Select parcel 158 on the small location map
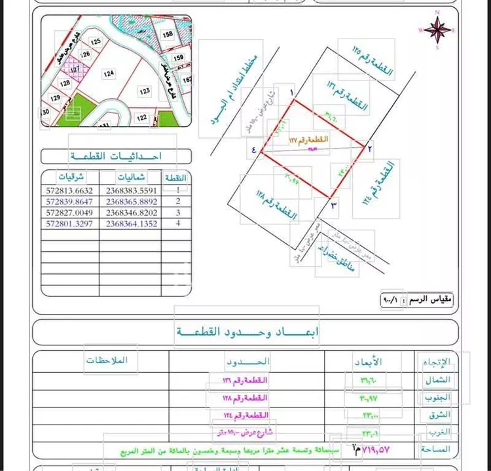(168, 34)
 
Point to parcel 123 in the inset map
(144, 92)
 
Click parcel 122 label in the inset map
(142, 118)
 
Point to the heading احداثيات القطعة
(115, 157)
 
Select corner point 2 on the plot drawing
(371, 148)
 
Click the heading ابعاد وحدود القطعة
(247, 333)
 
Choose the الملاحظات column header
(108, 360)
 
